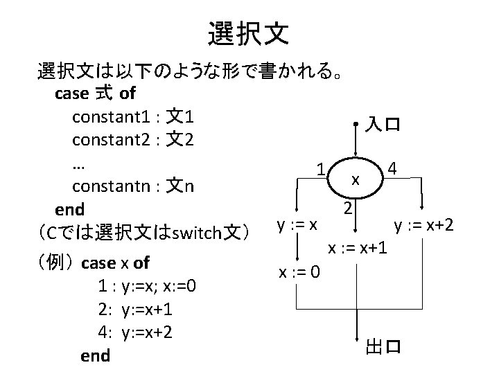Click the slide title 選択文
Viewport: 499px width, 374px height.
coord(249,32)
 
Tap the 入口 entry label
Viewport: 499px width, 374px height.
coord(382,125)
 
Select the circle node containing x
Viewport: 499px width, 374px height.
coord(356,179)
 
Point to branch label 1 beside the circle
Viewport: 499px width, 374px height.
coord(321,168)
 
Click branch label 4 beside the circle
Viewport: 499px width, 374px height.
coord(393,168)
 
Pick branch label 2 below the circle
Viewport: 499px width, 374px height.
coord(350,208)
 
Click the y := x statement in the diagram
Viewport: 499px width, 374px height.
coord(297,224)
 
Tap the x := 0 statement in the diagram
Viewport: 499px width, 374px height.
coord(299,271)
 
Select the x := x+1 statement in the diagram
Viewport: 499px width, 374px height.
coord(358,247)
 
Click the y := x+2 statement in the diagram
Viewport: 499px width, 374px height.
coord(423,224)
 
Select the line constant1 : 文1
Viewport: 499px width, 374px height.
coord(132,116)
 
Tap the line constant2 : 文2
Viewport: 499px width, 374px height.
coord(132,140)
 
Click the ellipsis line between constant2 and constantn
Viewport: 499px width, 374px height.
coord(78,163)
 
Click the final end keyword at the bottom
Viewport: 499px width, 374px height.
coord(95,355)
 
